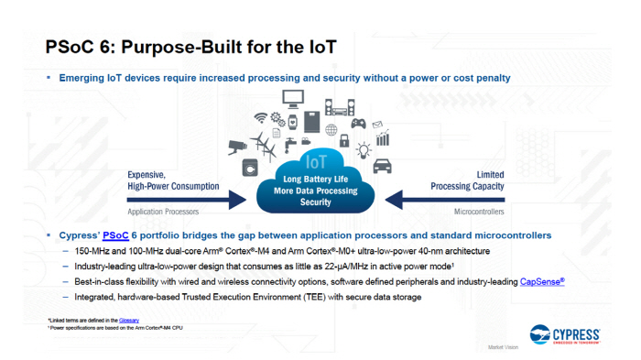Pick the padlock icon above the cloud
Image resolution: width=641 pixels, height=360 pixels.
(x=344, y=141)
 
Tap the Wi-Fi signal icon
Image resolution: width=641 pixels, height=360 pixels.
(x=261, y=118)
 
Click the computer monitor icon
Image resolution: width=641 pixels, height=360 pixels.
(x=294, y=98)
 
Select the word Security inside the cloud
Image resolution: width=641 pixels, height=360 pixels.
(x=315, y=202)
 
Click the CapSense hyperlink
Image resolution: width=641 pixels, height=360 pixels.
(x=542, y=282)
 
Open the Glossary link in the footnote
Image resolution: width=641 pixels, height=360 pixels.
(x=129, y=320)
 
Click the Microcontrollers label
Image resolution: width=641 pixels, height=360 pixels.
(x=478, y=212)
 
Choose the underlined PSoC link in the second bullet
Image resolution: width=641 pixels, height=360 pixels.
(x=115, y=235)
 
